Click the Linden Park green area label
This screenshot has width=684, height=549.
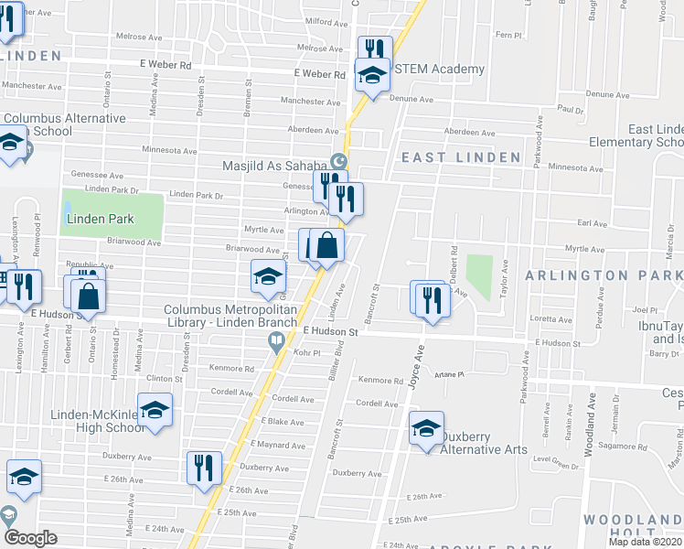[99, 219]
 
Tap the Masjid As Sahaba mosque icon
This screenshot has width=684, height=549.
[339, 162]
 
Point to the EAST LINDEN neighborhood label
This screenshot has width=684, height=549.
[449, 157]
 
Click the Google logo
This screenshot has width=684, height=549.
[30, 538]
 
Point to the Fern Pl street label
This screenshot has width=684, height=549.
[507, 35]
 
